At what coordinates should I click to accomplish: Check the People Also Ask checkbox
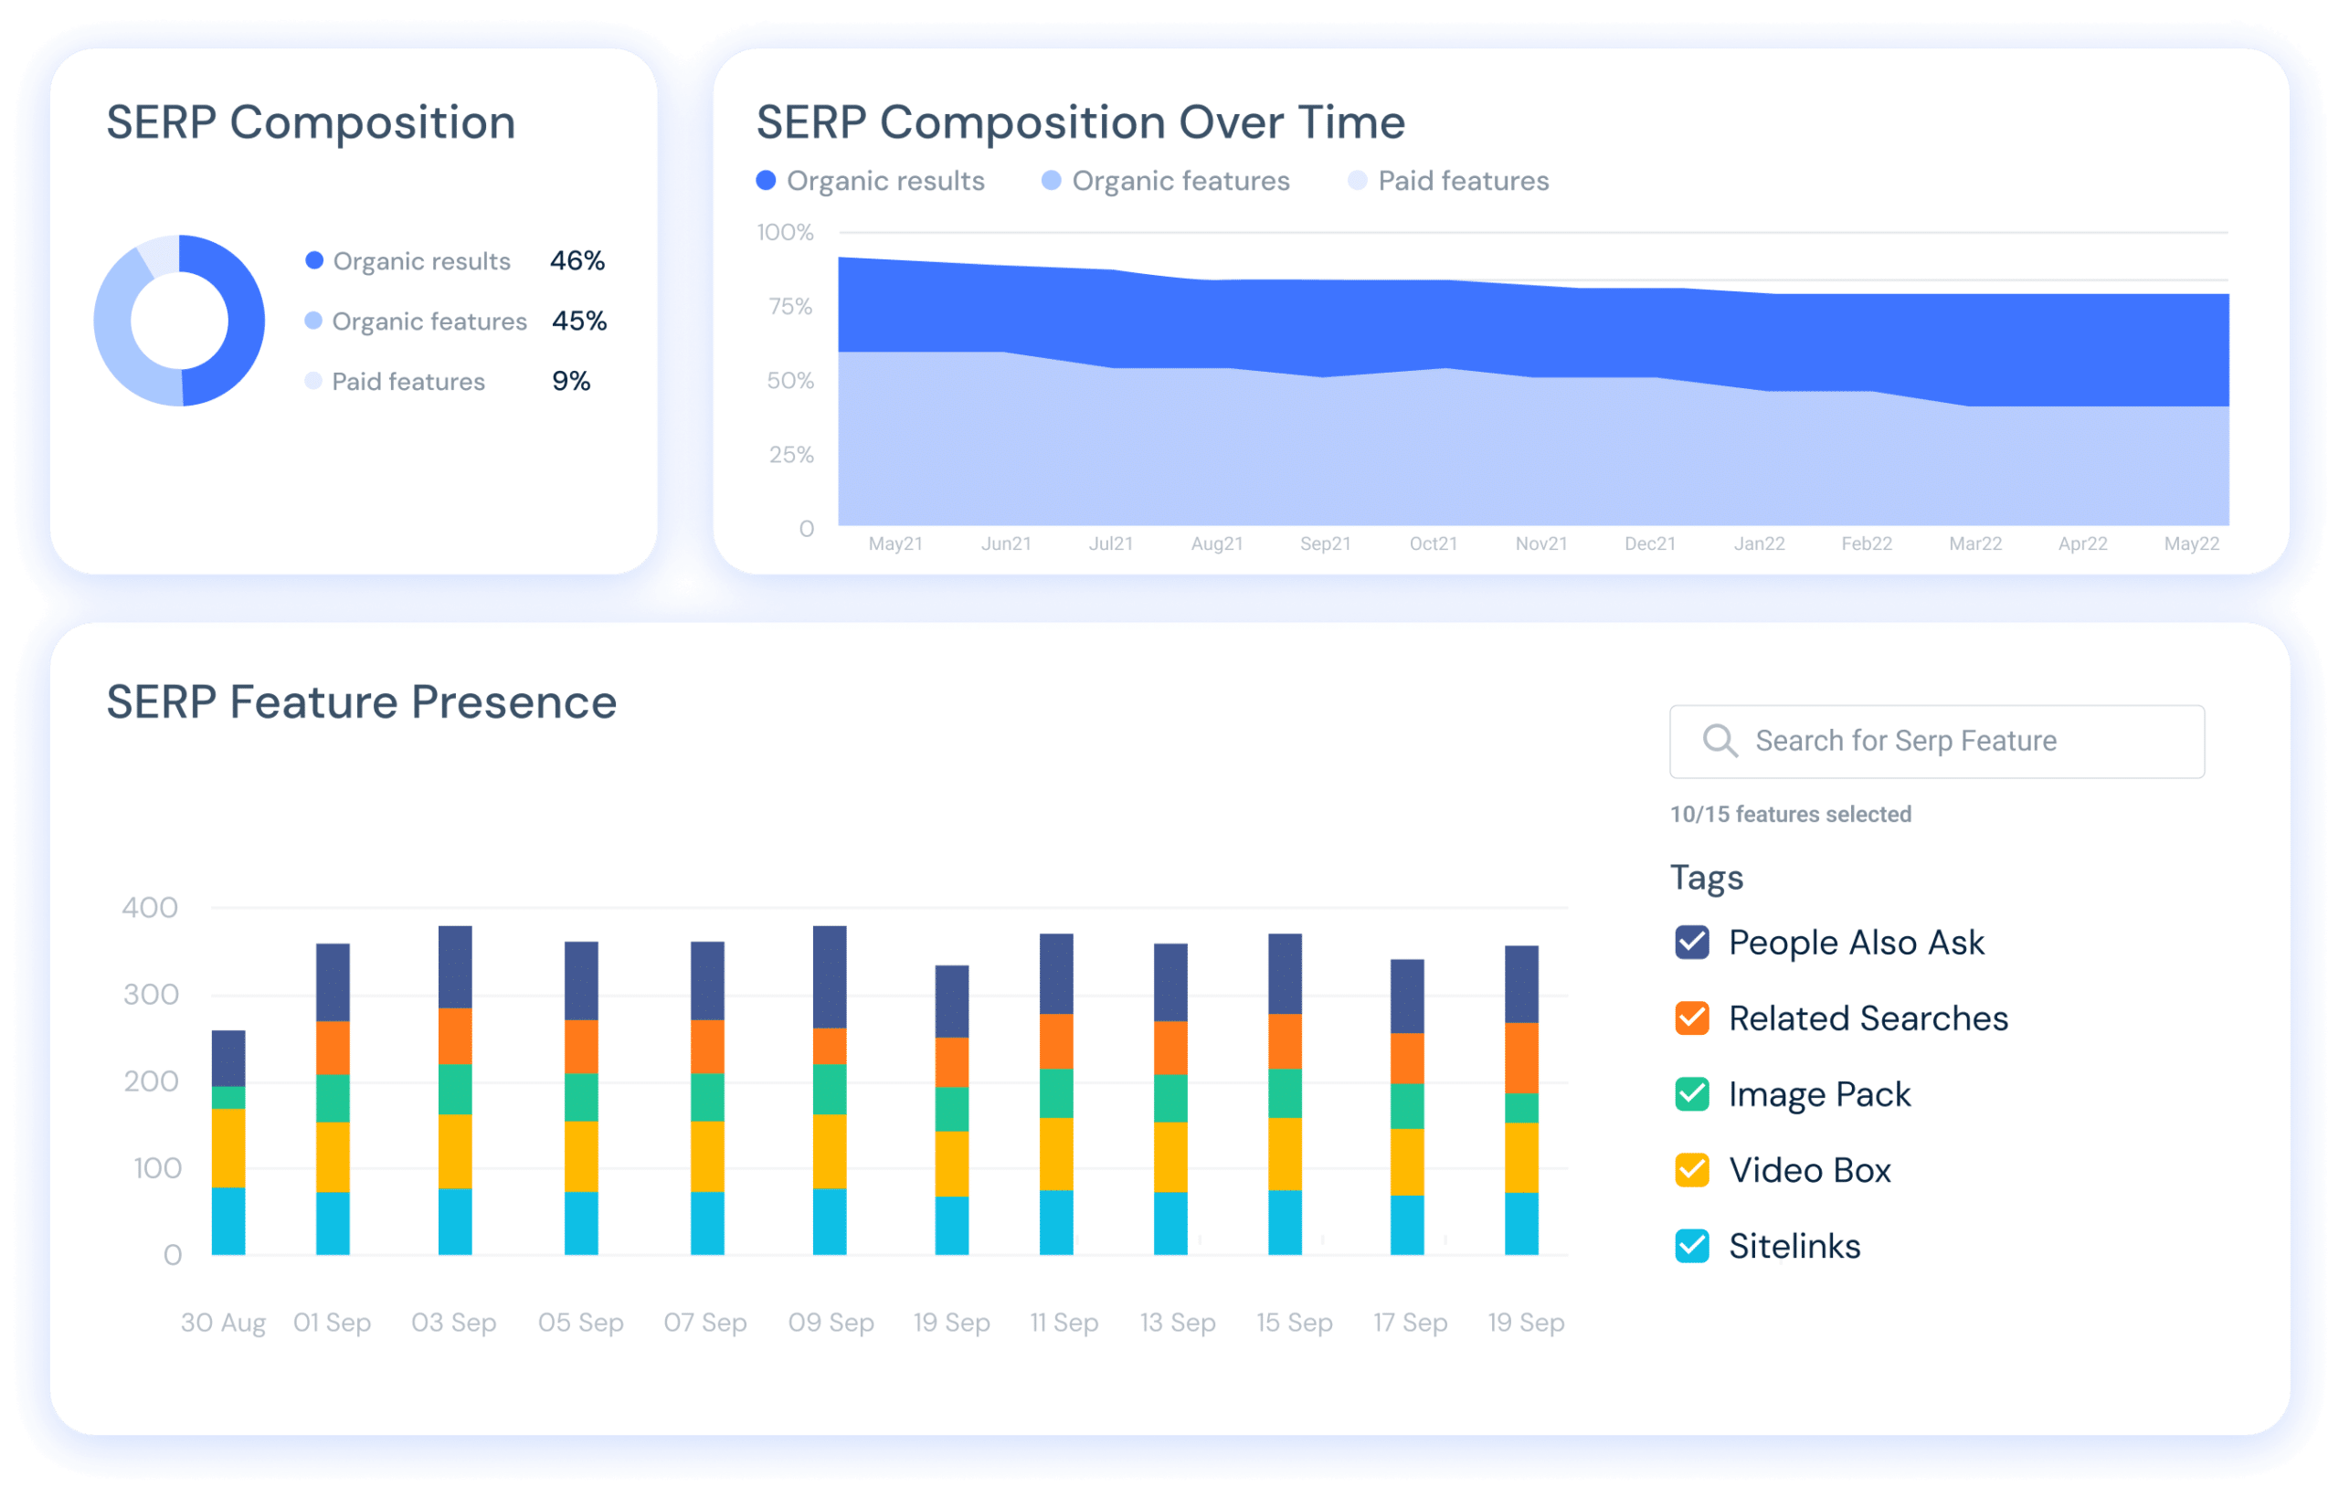coord(1691,942)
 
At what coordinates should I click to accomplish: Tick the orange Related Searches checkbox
coord(1691,1018)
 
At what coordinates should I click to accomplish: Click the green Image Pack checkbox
coord(1691,1093)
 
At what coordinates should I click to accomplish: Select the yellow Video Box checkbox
coord(1691,1169)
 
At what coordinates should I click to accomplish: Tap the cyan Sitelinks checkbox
coord(1691,1245)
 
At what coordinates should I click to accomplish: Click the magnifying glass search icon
coord(1720,741)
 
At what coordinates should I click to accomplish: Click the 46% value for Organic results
coord(577,260)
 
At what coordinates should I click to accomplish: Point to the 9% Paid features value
coord(571,381)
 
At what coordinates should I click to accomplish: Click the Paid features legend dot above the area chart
coord(1357,181)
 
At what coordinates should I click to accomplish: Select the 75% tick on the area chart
coord(789,307)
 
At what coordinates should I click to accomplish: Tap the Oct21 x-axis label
coord(1433,543)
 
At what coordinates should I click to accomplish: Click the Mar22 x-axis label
coord(1974,543)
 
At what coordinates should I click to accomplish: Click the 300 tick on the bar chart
coord(151,995)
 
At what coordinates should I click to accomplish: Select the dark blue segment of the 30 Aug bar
coord(228,1058)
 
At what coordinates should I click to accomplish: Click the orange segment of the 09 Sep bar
coord(830,1046)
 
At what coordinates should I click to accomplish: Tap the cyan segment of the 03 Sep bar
coord(455,1221)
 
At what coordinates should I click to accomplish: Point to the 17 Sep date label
coord(1410,1323)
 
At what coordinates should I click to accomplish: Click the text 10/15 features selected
coord(1790,814)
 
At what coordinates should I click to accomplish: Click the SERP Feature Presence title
coord(361,702)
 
